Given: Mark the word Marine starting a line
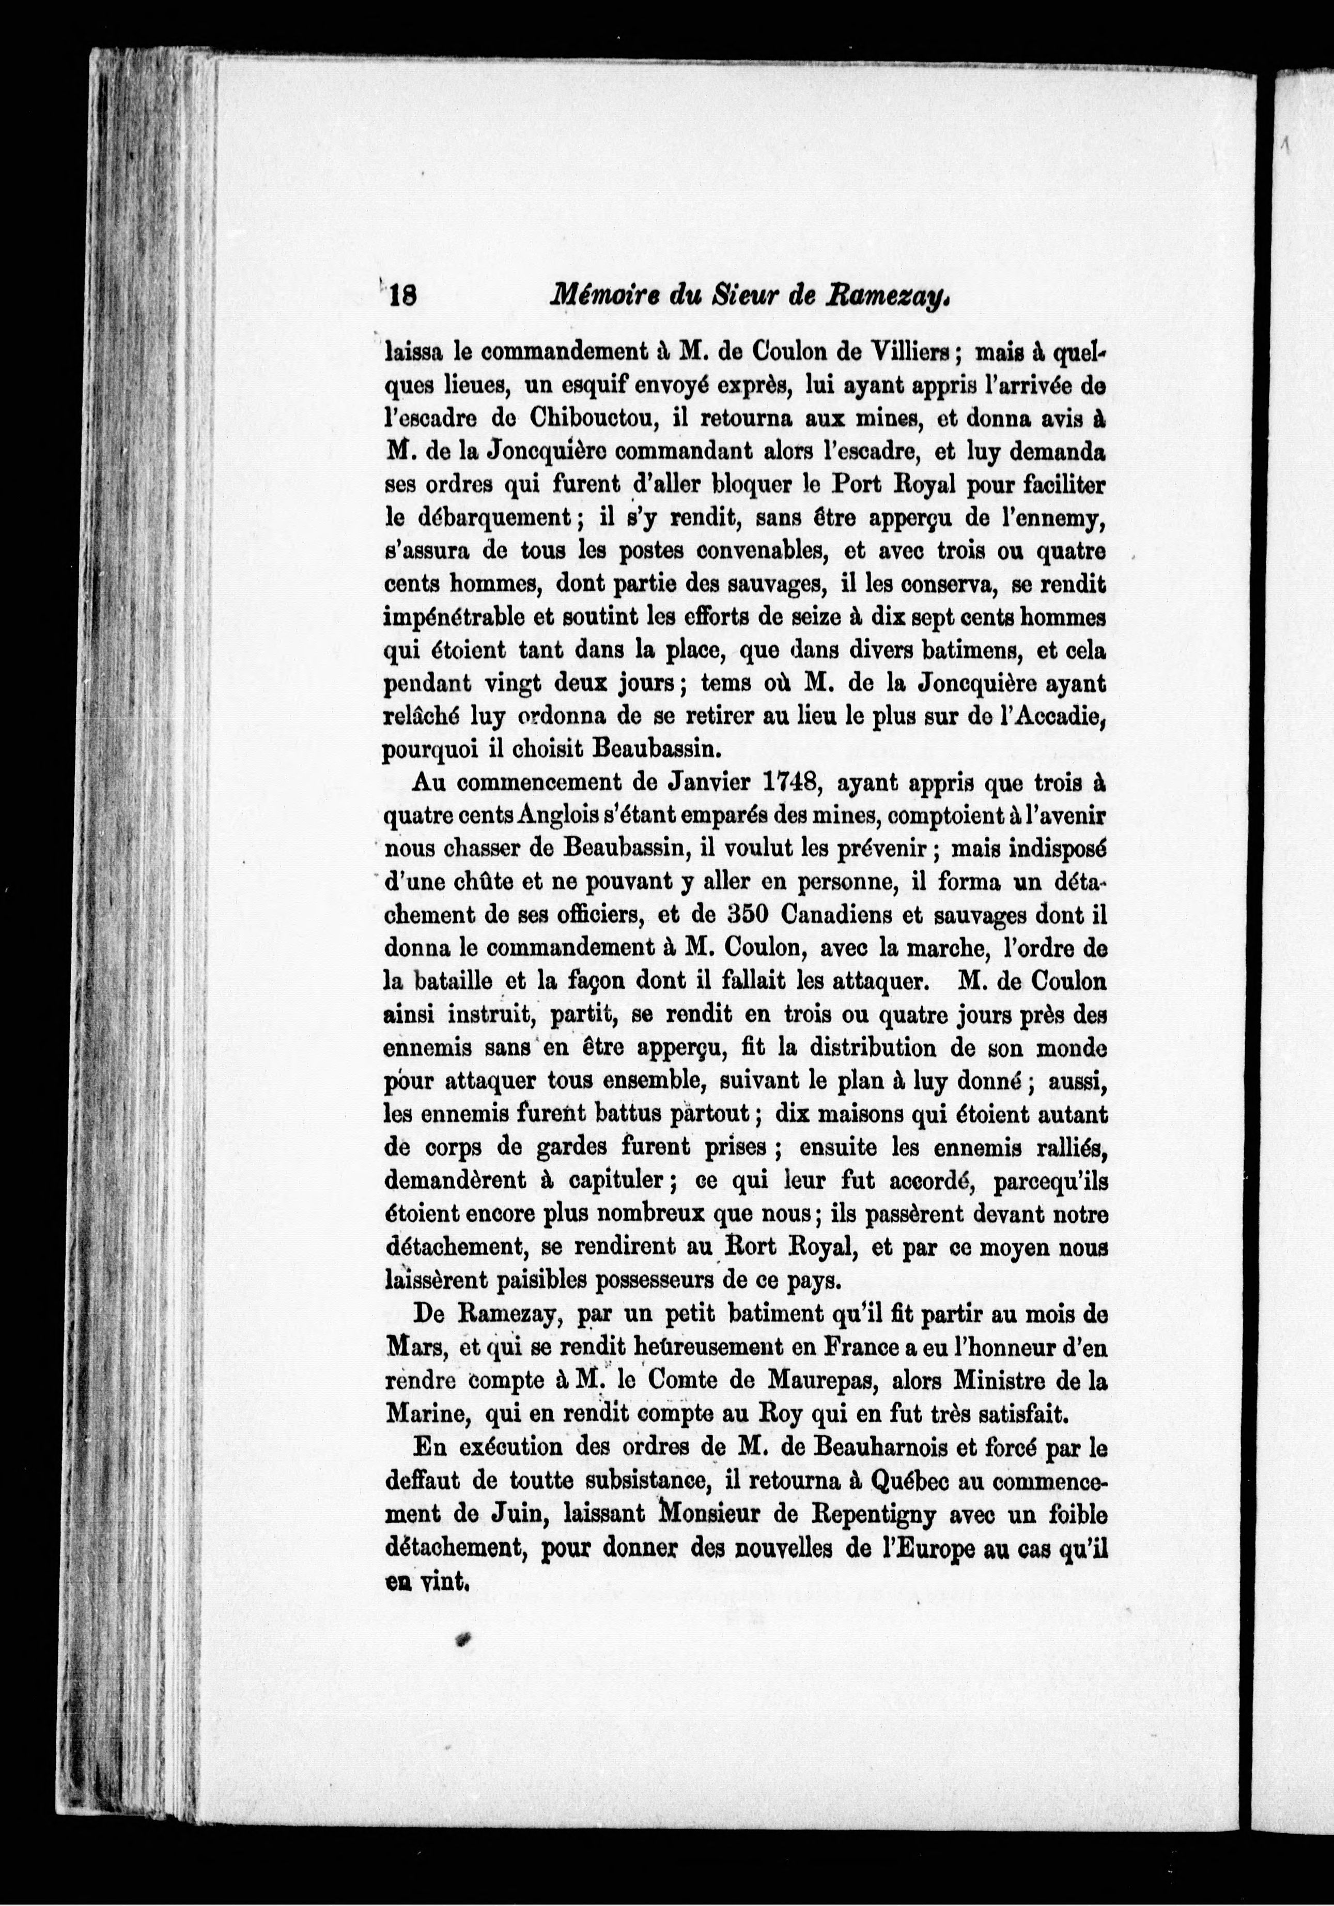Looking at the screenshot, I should coord(422,1415).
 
